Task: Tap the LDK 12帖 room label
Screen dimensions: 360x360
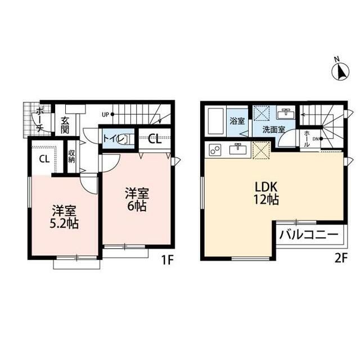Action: (266, 193)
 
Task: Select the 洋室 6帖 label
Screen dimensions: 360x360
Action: (137, 199)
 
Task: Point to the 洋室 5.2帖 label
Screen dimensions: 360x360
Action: (64, 217)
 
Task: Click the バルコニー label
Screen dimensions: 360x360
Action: (309, 235)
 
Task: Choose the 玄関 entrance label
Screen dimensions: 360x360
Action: (65, 125)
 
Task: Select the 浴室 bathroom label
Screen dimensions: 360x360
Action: (237, 121)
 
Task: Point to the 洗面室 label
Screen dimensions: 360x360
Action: (274, 130)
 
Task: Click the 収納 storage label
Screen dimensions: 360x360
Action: (71, 156)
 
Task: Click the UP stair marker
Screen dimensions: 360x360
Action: (108, 114)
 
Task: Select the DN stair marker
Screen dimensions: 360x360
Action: (318, 139)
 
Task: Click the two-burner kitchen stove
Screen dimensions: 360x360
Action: (215, 150)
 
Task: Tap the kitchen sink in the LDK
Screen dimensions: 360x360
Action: (238, 149)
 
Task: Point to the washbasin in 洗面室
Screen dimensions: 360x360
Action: (286, 112)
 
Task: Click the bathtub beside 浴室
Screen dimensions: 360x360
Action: (216, 121)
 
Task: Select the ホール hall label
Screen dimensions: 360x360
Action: (307, 139)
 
